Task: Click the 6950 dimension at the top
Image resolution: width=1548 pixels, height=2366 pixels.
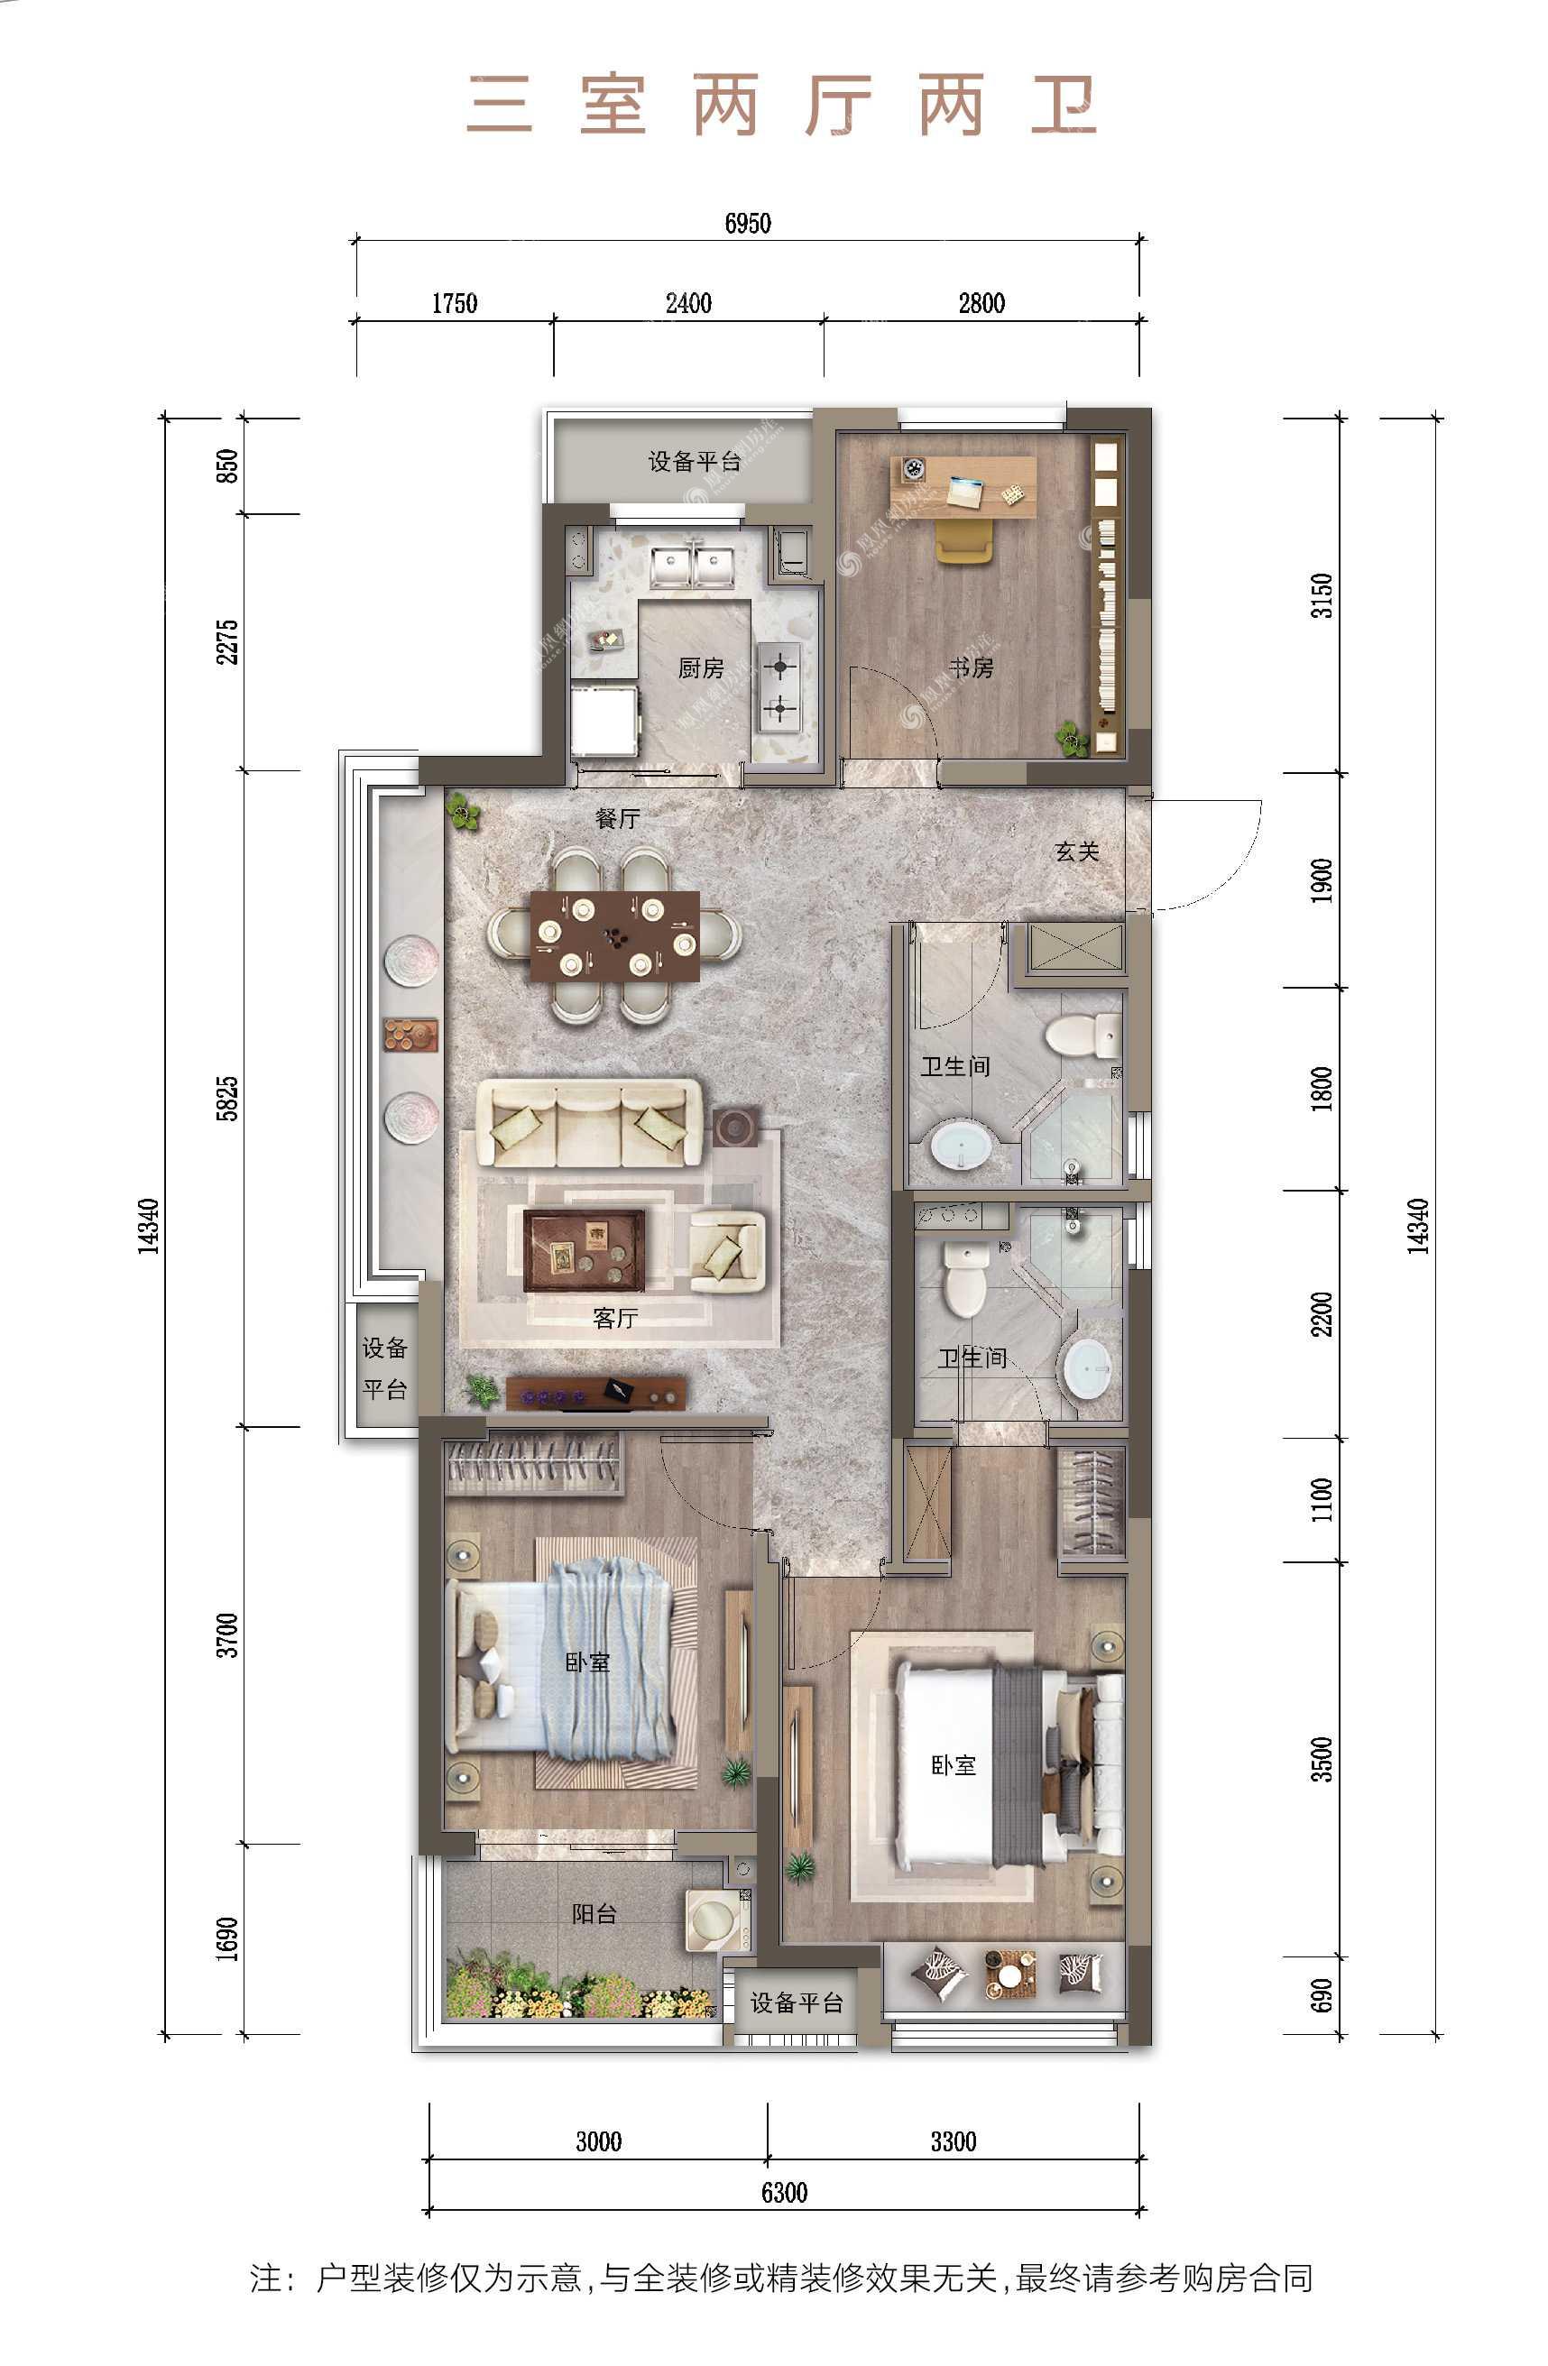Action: click(748, 223)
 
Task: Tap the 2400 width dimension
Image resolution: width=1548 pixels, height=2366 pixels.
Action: click(688, 303)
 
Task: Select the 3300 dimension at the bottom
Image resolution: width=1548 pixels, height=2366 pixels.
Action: click(954, 2141)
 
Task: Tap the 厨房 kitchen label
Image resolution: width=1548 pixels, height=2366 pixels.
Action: click(701, 668)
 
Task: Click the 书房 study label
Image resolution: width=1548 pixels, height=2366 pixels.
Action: click(971, 668)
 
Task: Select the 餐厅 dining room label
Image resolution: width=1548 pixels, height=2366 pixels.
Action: click(617, 818)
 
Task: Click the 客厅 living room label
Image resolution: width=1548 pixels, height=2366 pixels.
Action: click(615, 1318)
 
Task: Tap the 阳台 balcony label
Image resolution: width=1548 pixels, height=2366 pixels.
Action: click(594, 1914)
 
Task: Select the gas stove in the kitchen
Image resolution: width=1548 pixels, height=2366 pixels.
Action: click(779, 686)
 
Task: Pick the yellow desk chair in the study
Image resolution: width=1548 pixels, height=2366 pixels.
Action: click(963, 542)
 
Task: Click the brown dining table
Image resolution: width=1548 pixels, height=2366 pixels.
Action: click(614, 935)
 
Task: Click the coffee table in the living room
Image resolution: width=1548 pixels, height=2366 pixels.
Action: click(584, 1249)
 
